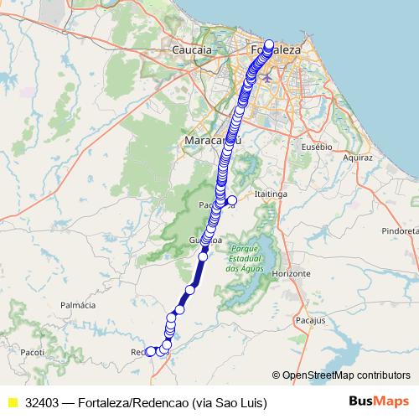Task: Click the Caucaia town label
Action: point(191,50)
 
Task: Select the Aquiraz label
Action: point(357,157)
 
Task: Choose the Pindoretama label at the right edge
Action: point(400,230)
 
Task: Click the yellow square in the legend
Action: point(12,402)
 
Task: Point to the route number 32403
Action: point(43,402)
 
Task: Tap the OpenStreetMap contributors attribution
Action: point(345,375)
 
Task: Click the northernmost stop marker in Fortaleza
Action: point(269,44)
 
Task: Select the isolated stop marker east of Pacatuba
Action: point(232,200)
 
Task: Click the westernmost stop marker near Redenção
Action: point(151,352)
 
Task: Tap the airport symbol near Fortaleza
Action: point(267,78)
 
